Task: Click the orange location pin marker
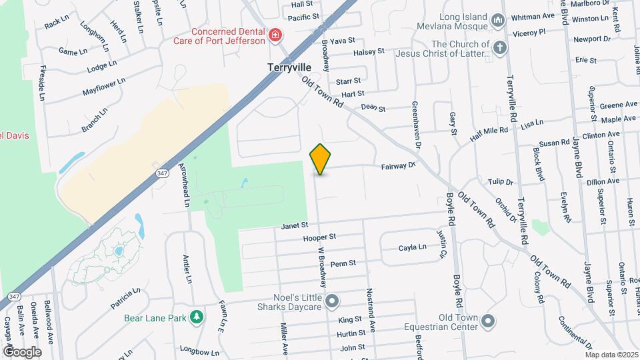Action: [x=321, y=159]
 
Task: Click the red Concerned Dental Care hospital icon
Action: [x=274, y=35]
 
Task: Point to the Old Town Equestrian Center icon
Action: [x=488, y=322]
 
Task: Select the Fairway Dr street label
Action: [x=398, y=167]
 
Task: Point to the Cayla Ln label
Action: [x=412, y=247]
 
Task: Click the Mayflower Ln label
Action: [x=104, y=87]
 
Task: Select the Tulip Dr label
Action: [x=500, y=181]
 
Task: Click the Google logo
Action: [x=22, y=351]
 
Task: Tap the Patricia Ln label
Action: [x=125, y=299]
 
